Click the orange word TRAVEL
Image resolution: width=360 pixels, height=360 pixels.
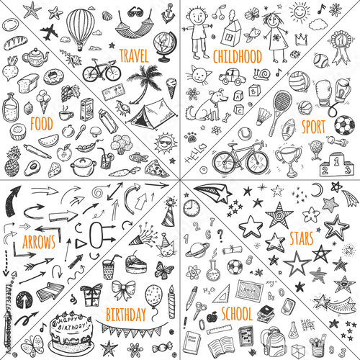click(x=133, y=55)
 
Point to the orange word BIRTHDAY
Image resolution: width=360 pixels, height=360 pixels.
click(x=125, y=314)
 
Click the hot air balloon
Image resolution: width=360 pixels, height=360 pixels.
click(x=78, y=29)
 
